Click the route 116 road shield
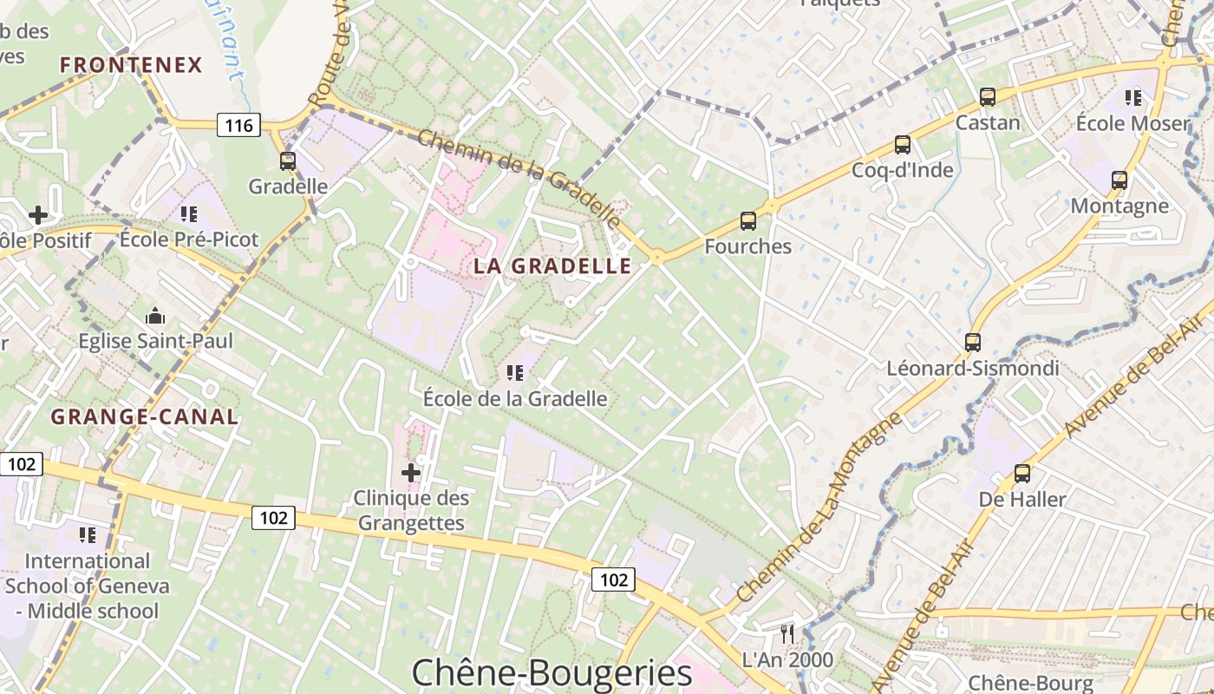coord(238,126)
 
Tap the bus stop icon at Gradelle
coord(287,160)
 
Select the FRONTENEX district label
coord(131,65)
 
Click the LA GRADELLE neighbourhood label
coord(552,266)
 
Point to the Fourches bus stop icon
coord(748,221)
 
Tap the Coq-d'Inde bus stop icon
coord(903,145)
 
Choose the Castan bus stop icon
coord(988,97)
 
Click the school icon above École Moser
coord(1133,98)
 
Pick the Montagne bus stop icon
coord(1119,180)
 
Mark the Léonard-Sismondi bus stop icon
coord(973,343)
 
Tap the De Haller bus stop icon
coord(1022,474)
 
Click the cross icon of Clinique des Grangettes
coord(411,473)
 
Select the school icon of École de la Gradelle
coord(515,373)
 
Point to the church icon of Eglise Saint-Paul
coord(156,315)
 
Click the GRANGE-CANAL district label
coord(144,416)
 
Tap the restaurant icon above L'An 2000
coord(787,633)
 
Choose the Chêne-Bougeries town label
coord(552,673)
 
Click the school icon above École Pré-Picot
coord(189,213)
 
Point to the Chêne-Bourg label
coord(1030,683)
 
